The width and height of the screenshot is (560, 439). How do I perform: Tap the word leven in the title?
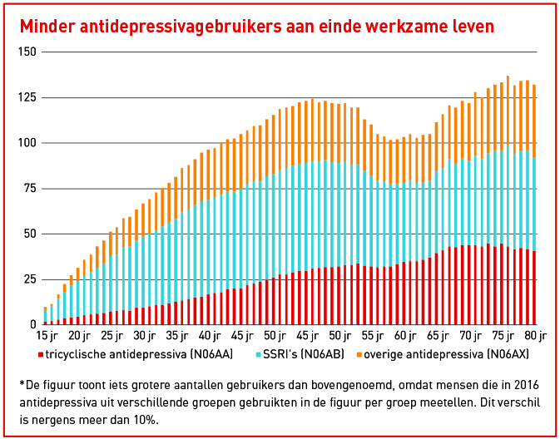coord(470,27)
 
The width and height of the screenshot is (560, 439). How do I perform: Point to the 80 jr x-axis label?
coord(535,337)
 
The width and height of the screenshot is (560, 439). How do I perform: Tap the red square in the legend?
coord(42,356)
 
